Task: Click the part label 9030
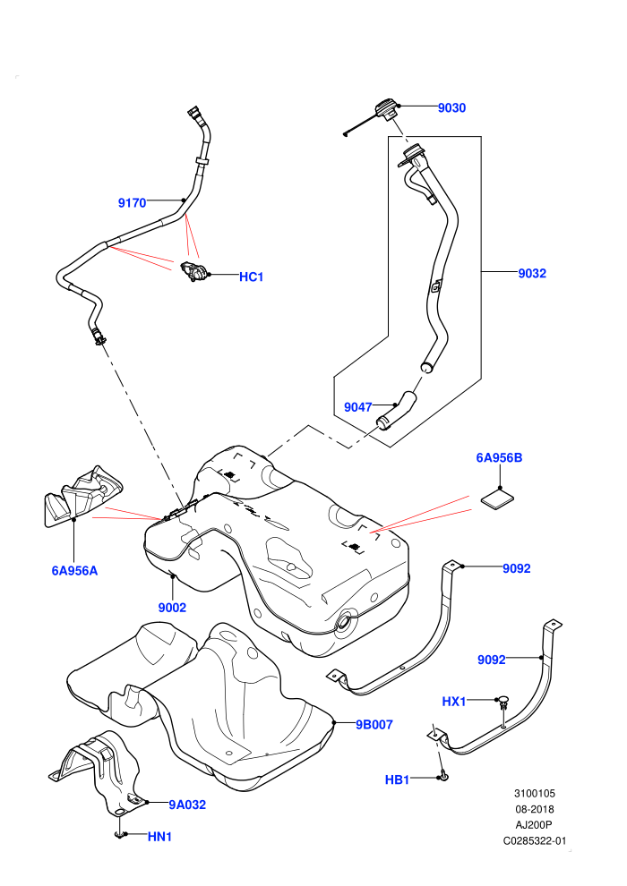pos(451,108)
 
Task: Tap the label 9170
pos(133,203)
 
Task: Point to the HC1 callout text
pos(251,277)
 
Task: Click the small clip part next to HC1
pos(193,271)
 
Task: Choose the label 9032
pos(532,274)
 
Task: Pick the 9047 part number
pos(358,407)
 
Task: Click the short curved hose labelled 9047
pos(396,409)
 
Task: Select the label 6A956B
pos(499,457)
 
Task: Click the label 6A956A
pos(74,571)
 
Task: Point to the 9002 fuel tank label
pos(172,608)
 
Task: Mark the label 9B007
pos(374,724)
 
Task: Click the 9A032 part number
pos(187,805)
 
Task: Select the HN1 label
pos(159,837)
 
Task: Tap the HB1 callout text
pos(397,780)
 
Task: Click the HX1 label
pos(454,702)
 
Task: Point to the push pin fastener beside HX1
pos(503,703)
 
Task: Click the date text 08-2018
pos(534,809)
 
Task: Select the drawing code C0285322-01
pos(534,841)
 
